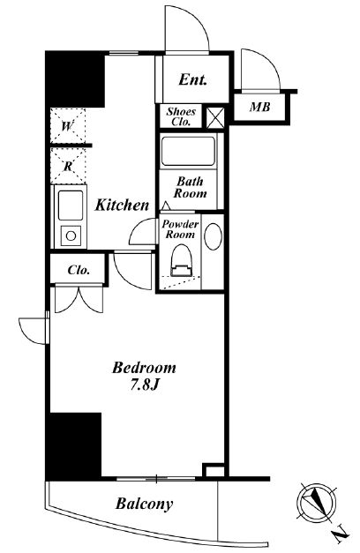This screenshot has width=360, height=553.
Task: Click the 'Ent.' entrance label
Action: [x=192, y=79]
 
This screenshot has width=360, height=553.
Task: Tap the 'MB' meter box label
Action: [x=260, y=107]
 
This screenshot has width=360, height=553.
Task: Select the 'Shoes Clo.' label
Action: [x=181, y=116]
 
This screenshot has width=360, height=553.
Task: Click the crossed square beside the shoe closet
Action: [x=215, y=117]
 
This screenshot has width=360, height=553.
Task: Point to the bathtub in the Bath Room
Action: [x=188, y=151]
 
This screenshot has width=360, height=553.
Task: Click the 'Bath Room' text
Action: [x=191, y=187]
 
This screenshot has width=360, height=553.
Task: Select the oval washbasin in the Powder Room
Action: [x=214, y=236]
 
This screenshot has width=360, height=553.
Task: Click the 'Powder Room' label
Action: [x=180, y=229]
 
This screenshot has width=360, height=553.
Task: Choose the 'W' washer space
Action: [x=68, y=126]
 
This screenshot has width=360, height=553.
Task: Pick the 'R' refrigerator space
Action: [x=68, y=166]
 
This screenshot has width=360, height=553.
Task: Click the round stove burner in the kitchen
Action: [x=71, y=236]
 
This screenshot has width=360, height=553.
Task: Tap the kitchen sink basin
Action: [x=71, y=206]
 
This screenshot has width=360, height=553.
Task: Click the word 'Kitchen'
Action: [x=122, y=205]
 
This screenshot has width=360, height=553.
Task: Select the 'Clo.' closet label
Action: [x=79, y=270]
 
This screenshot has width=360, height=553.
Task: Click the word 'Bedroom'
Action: [x=144, y=368]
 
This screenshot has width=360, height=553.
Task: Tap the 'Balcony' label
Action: [x=145, y=504]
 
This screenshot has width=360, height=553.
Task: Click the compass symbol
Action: [x=316, y=502]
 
